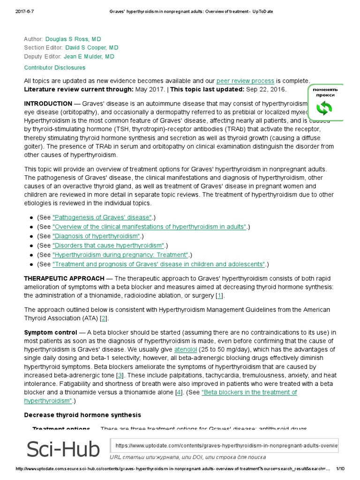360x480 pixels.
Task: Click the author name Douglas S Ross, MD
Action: [73, 39]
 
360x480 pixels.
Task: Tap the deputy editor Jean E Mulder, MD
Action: [89, 57]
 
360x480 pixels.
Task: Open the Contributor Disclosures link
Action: [55, 67]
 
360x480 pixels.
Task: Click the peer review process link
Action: [245, 81]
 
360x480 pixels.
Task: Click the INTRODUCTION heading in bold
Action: [48, 104]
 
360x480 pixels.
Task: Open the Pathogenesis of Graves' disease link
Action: [102, 217]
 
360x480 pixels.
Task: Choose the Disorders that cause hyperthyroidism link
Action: [109, 245]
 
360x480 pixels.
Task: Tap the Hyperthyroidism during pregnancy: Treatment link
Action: [120, 255]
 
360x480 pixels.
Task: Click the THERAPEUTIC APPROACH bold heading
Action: [64, 278]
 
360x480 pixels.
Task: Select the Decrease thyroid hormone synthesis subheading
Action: [82, 415]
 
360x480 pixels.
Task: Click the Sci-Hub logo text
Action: [63, 449]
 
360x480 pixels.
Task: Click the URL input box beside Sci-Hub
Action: [225, 445]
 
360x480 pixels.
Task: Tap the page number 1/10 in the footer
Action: [340, 469]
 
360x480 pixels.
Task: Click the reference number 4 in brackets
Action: [179, 392]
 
